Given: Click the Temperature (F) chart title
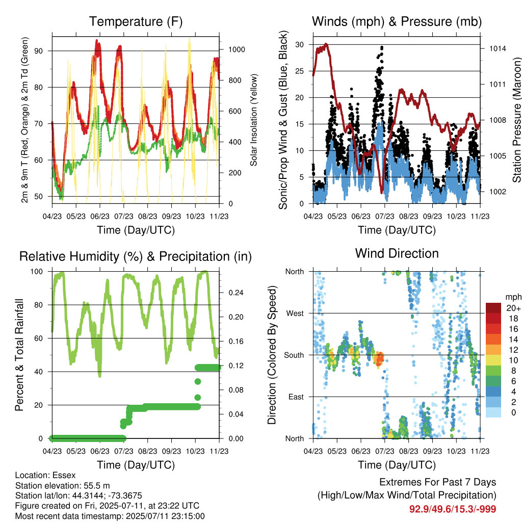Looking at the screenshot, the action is (136, 21).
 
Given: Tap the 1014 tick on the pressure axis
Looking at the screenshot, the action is (498, 48).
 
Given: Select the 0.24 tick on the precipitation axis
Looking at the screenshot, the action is (236, 293).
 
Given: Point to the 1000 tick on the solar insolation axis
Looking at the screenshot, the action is (237, 49).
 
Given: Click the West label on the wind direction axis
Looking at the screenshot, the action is (295, 314).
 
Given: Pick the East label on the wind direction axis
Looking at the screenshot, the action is (296, 397).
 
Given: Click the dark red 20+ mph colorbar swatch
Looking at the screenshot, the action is (493, 308).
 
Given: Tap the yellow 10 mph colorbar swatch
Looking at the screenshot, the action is (493, 360).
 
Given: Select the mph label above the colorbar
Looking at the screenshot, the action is (513, 297).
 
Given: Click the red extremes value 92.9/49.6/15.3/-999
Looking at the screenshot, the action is (453, 509).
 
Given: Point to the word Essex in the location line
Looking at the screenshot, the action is (64, 475).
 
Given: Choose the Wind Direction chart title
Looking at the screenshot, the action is (397, 254).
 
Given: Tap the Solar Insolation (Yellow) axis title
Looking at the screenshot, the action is (254, 120).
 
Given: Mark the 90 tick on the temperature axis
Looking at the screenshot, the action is (39, 51).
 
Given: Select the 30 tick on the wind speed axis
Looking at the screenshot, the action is (299, 45).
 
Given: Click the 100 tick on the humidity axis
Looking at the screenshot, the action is (37, 272).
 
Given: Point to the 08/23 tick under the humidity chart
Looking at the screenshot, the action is (147, 451).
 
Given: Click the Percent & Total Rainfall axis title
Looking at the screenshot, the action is (19, 355).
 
